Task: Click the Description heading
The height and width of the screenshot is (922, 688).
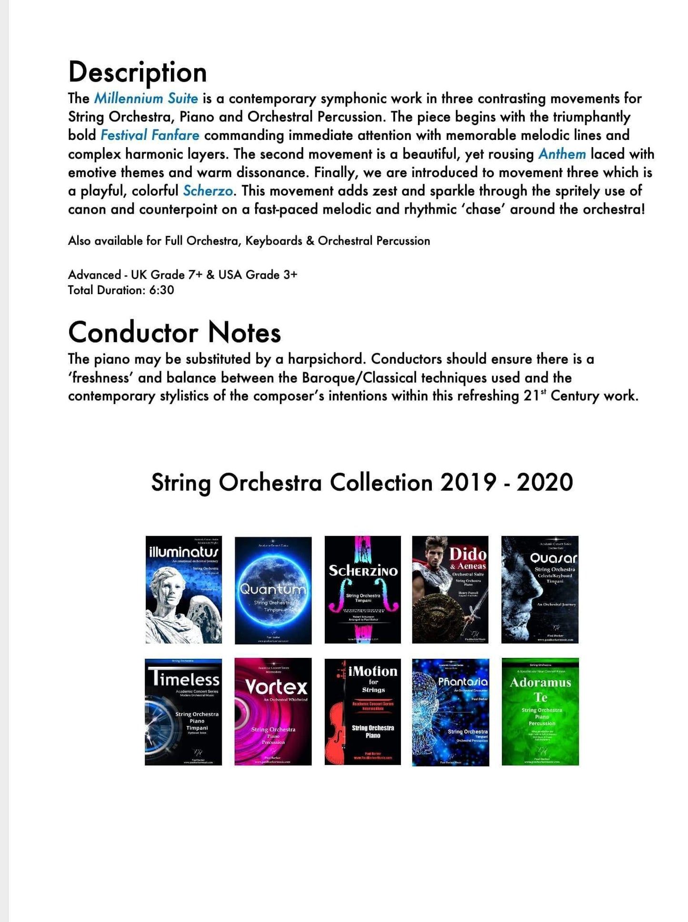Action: pyautogui.click(x=137, y=72)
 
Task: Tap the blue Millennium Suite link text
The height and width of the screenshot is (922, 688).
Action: pyautogui.click(x=146, y=99)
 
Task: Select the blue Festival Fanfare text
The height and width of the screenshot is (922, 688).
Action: pyautogui.click(x=150, y=136)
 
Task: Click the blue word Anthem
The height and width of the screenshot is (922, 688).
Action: pyautogui.click(x=562, y=154)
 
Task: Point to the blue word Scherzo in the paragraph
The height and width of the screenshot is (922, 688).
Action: pyautogui.click(x=208, y=191)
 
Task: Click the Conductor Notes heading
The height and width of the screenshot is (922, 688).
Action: pyautogui.click(x=174, y=332)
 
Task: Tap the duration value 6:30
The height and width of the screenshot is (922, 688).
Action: pyautogui.click(x=161, y=290)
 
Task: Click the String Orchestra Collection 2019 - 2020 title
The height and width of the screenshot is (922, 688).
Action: pyautogui.click(x=362, y=483)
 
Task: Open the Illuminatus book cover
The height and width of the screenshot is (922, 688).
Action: pyautogui.click(x=183, y=590)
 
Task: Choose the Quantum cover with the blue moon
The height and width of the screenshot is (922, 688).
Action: pyautogui.click(x=273, y=590)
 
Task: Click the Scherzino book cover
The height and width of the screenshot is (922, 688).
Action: pyautogui.click(x=363, y=590)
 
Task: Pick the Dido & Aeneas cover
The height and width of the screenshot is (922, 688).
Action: pyautogui.click(x=450, y=590)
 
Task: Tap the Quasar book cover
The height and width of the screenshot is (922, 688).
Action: pyautogui.click(x=540, y=590)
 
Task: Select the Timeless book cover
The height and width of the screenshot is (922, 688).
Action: pyautogui.click(x=183, y=712)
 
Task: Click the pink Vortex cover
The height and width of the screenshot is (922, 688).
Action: pyautogui.click(x=273, y=712)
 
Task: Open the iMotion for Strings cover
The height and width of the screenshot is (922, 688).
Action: pyautogui.click(x=363, y=712)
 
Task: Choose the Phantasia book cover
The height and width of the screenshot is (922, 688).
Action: pyautogui.click(x=450, y=713)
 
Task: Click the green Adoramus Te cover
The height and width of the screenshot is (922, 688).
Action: pyautogui.click(x=540, y=712)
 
